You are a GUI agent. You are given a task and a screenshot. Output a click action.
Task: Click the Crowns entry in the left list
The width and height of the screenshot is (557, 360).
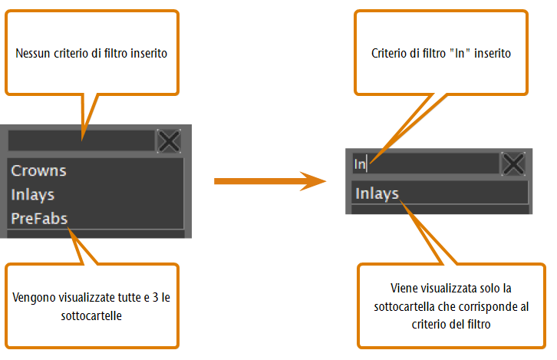point(38,170)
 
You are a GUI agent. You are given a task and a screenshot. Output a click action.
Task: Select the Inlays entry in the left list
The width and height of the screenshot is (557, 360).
point(33,195)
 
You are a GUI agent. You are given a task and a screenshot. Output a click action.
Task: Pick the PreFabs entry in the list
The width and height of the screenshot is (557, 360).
point(39,219)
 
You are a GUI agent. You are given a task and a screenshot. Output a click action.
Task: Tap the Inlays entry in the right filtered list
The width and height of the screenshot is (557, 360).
point(377,193)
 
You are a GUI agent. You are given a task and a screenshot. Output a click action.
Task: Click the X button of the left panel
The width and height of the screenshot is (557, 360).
point(169,141)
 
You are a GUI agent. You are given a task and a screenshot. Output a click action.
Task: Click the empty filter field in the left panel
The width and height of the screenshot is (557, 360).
point(81,140)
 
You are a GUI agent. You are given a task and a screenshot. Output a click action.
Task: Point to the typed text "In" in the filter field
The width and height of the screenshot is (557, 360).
point(360,163)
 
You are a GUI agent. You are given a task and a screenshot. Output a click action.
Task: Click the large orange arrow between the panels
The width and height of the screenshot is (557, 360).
point(270,181)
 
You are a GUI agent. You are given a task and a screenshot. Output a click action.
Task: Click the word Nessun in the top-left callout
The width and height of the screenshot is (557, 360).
point(33,53)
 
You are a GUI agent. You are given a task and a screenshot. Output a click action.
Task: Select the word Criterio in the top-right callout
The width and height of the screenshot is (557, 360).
point(389,53)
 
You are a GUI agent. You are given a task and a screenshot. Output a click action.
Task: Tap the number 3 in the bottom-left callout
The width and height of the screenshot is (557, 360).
point(155,297)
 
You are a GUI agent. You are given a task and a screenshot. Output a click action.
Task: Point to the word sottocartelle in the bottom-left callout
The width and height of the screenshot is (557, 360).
point(91,315)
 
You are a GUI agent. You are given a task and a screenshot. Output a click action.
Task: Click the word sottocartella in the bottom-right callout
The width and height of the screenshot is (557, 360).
point(404,306)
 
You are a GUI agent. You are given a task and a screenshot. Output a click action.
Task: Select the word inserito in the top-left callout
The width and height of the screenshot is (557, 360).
point(149,53)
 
